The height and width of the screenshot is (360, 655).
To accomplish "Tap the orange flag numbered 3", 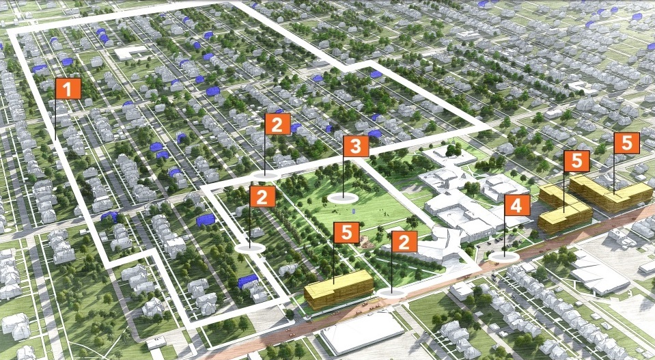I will (356, 146).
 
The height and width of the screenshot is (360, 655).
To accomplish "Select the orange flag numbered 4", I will (517, 205).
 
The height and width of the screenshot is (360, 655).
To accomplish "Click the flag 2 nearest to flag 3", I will (277, 124).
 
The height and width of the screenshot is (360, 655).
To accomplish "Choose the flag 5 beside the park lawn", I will (346, 232).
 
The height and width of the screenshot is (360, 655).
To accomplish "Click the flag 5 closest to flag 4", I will (576, 161).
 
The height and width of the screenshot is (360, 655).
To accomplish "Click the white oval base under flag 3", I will (343, 198).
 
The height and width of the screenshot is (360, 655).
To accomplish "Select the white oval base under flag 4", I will (503, 256).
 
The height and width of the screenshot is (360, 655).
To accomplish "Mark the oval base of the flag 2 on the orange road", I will (391, 292).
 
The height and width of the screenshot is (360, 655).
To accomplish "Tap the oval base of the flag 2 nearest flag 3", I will (266, 176).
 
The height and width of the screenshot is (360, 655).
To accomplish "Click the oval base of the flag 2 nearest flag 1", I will (250, 248).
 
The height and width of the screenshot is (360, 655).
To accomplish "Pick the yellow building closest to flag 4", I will (564, 215).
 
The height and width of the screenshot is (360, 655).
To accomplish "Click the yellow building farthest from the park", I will (611, 194).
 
